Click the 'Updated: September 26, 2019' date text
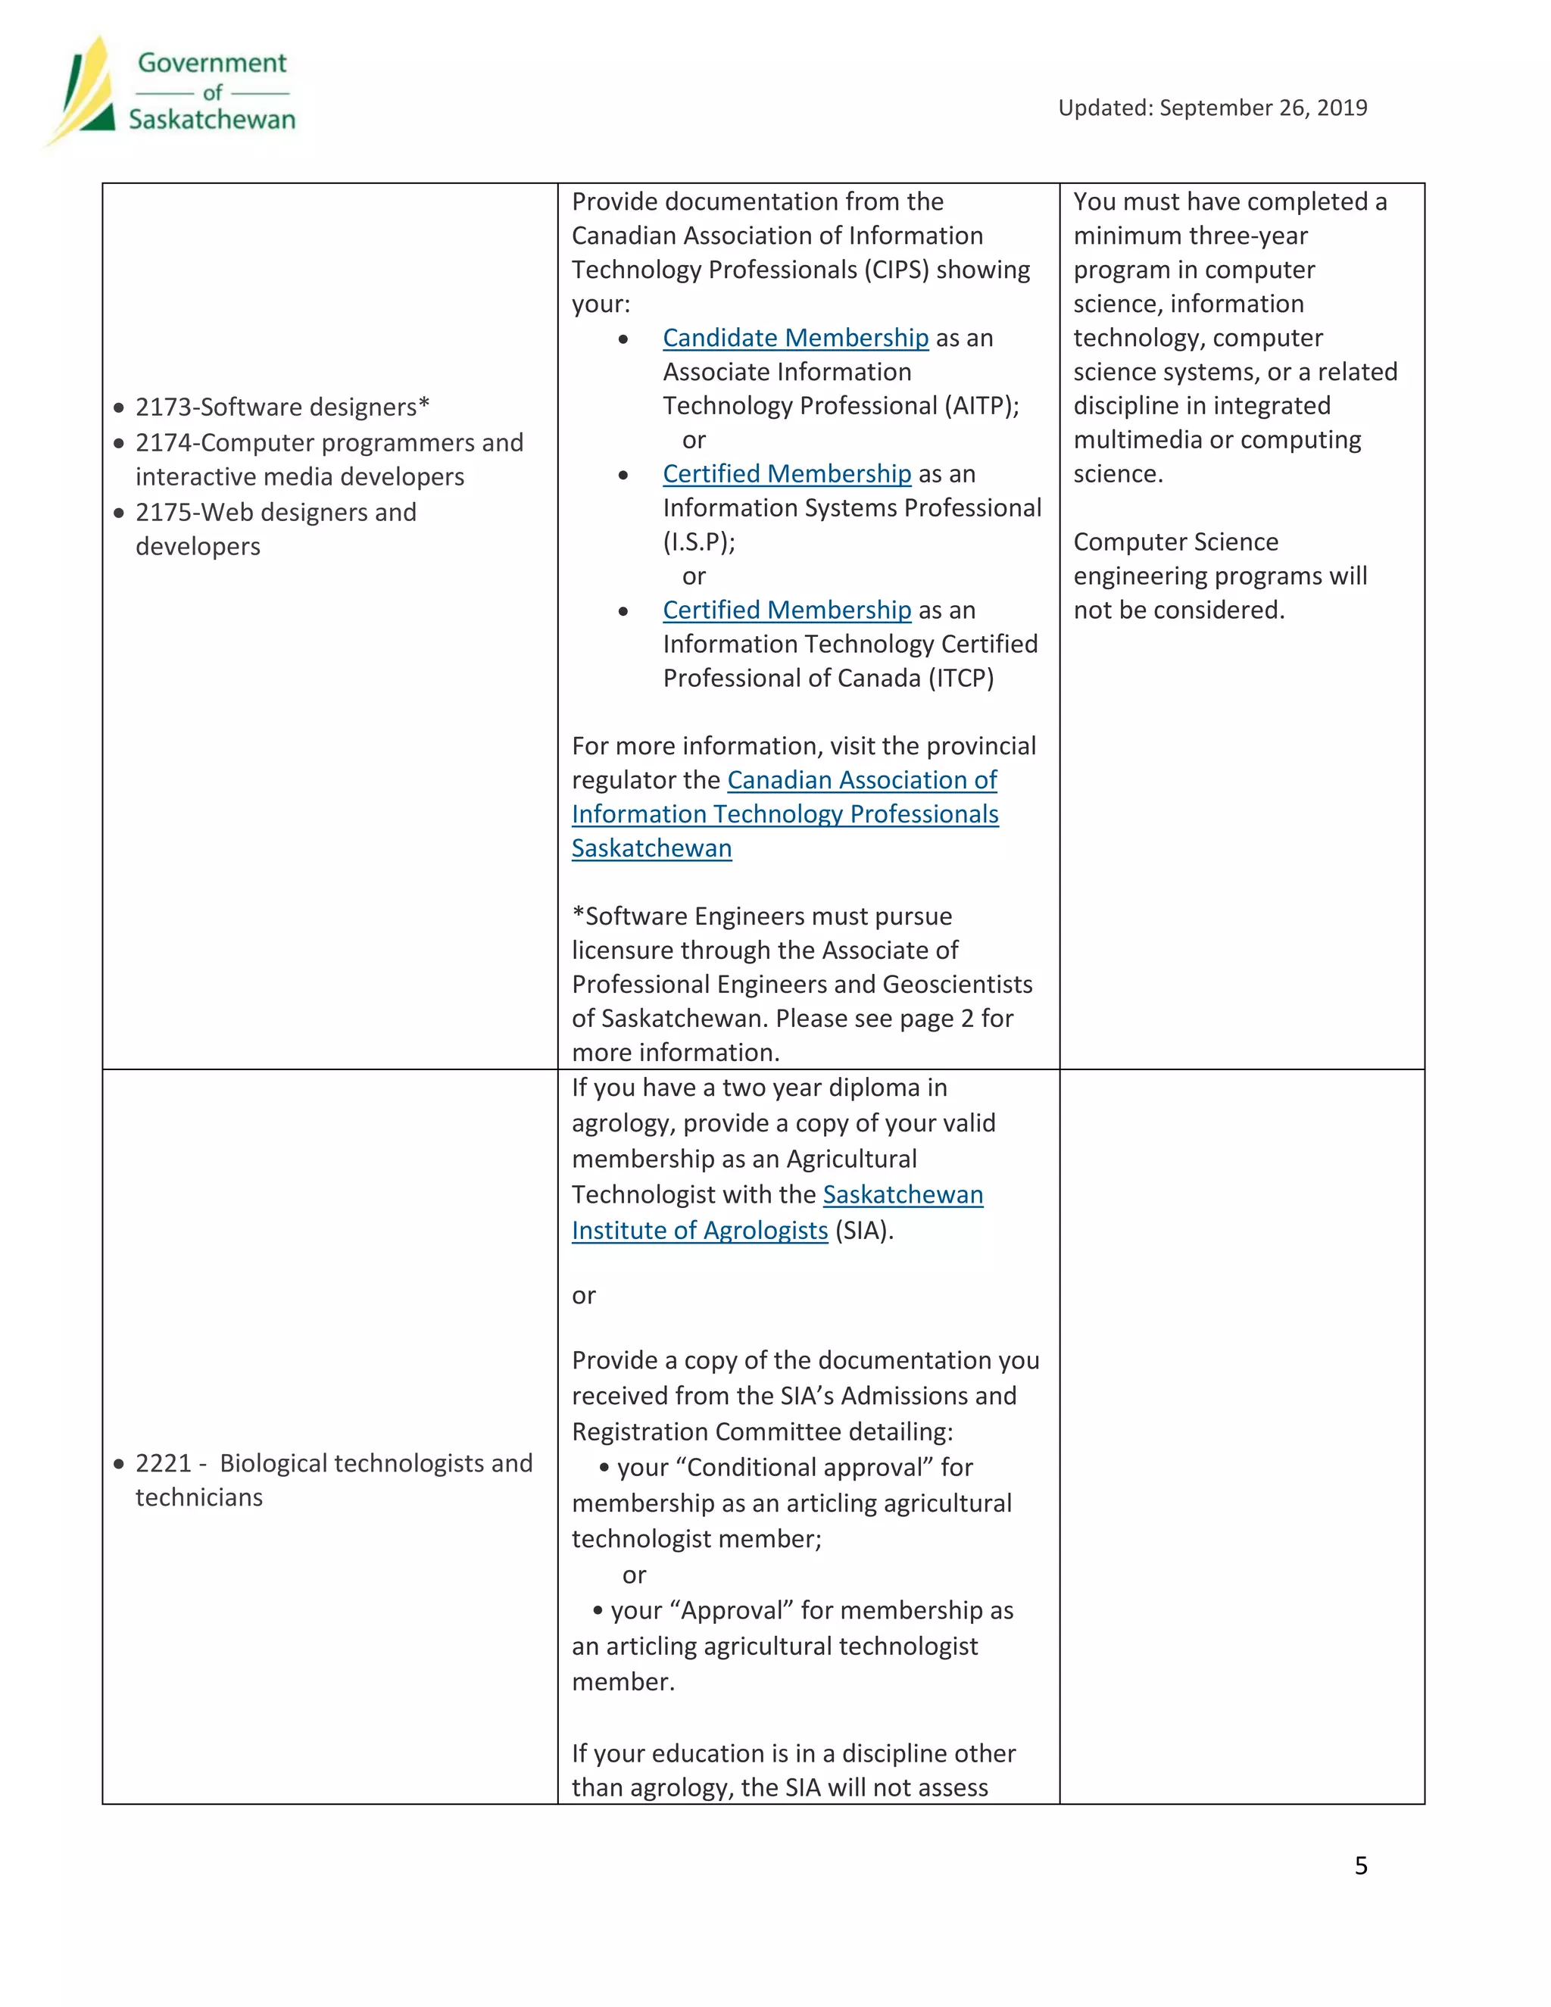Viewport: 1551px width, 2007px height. click(x=1212, y=108)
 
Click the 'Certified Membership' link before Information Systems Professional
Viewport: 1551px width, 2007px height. click(x=787, y=474)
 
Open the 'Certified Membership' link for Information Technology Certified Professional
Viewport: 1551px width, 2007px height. click(x=787, y=610)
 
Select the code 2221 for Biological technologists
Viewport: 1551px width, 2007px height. click(x=164, y=1464)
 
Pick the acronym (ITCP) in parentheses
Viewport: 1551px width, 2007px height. click(x=960, y=678)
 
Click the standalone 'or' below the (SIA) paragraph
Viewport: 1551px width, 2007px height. click(x=583, y=1296)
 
